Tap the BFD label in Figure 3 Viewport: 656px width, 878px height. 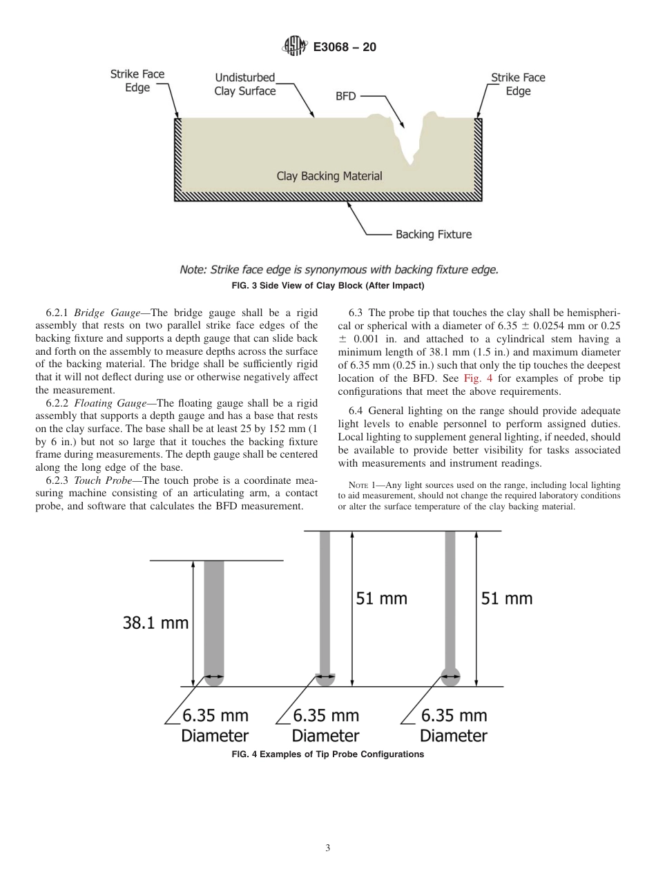coord(345,97)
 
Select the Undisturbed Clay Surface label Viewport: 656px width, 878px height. coord(244,84)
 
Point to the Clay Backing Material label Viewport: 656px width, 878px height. coord(329,176)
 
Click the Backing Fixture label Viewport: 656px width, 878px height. coord(433,235)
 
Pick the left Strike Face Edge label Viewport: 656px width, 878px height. coord(137,81)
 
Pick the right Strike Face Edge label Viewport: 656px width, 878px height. coord(517,84)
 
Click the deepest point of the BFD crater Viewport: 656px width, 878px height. coord(412,164)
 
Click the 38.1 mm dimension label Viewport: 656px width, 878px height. coord(155,623)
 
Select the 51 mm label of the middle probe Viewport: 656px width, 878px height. coord(381,598)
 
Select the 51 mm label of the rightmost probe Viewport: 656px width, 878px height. coord(506,598)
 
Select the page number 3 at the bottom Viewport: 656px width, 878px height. coord(328,848)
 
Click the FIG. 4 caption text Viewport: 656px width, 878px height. coord(327,754)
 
